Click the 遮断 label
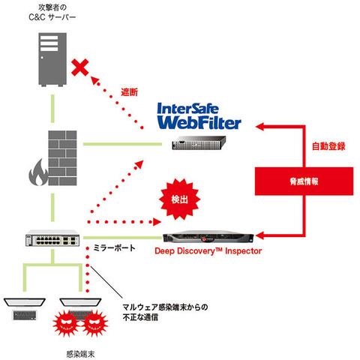129,92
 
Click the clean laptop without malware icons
26,307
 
